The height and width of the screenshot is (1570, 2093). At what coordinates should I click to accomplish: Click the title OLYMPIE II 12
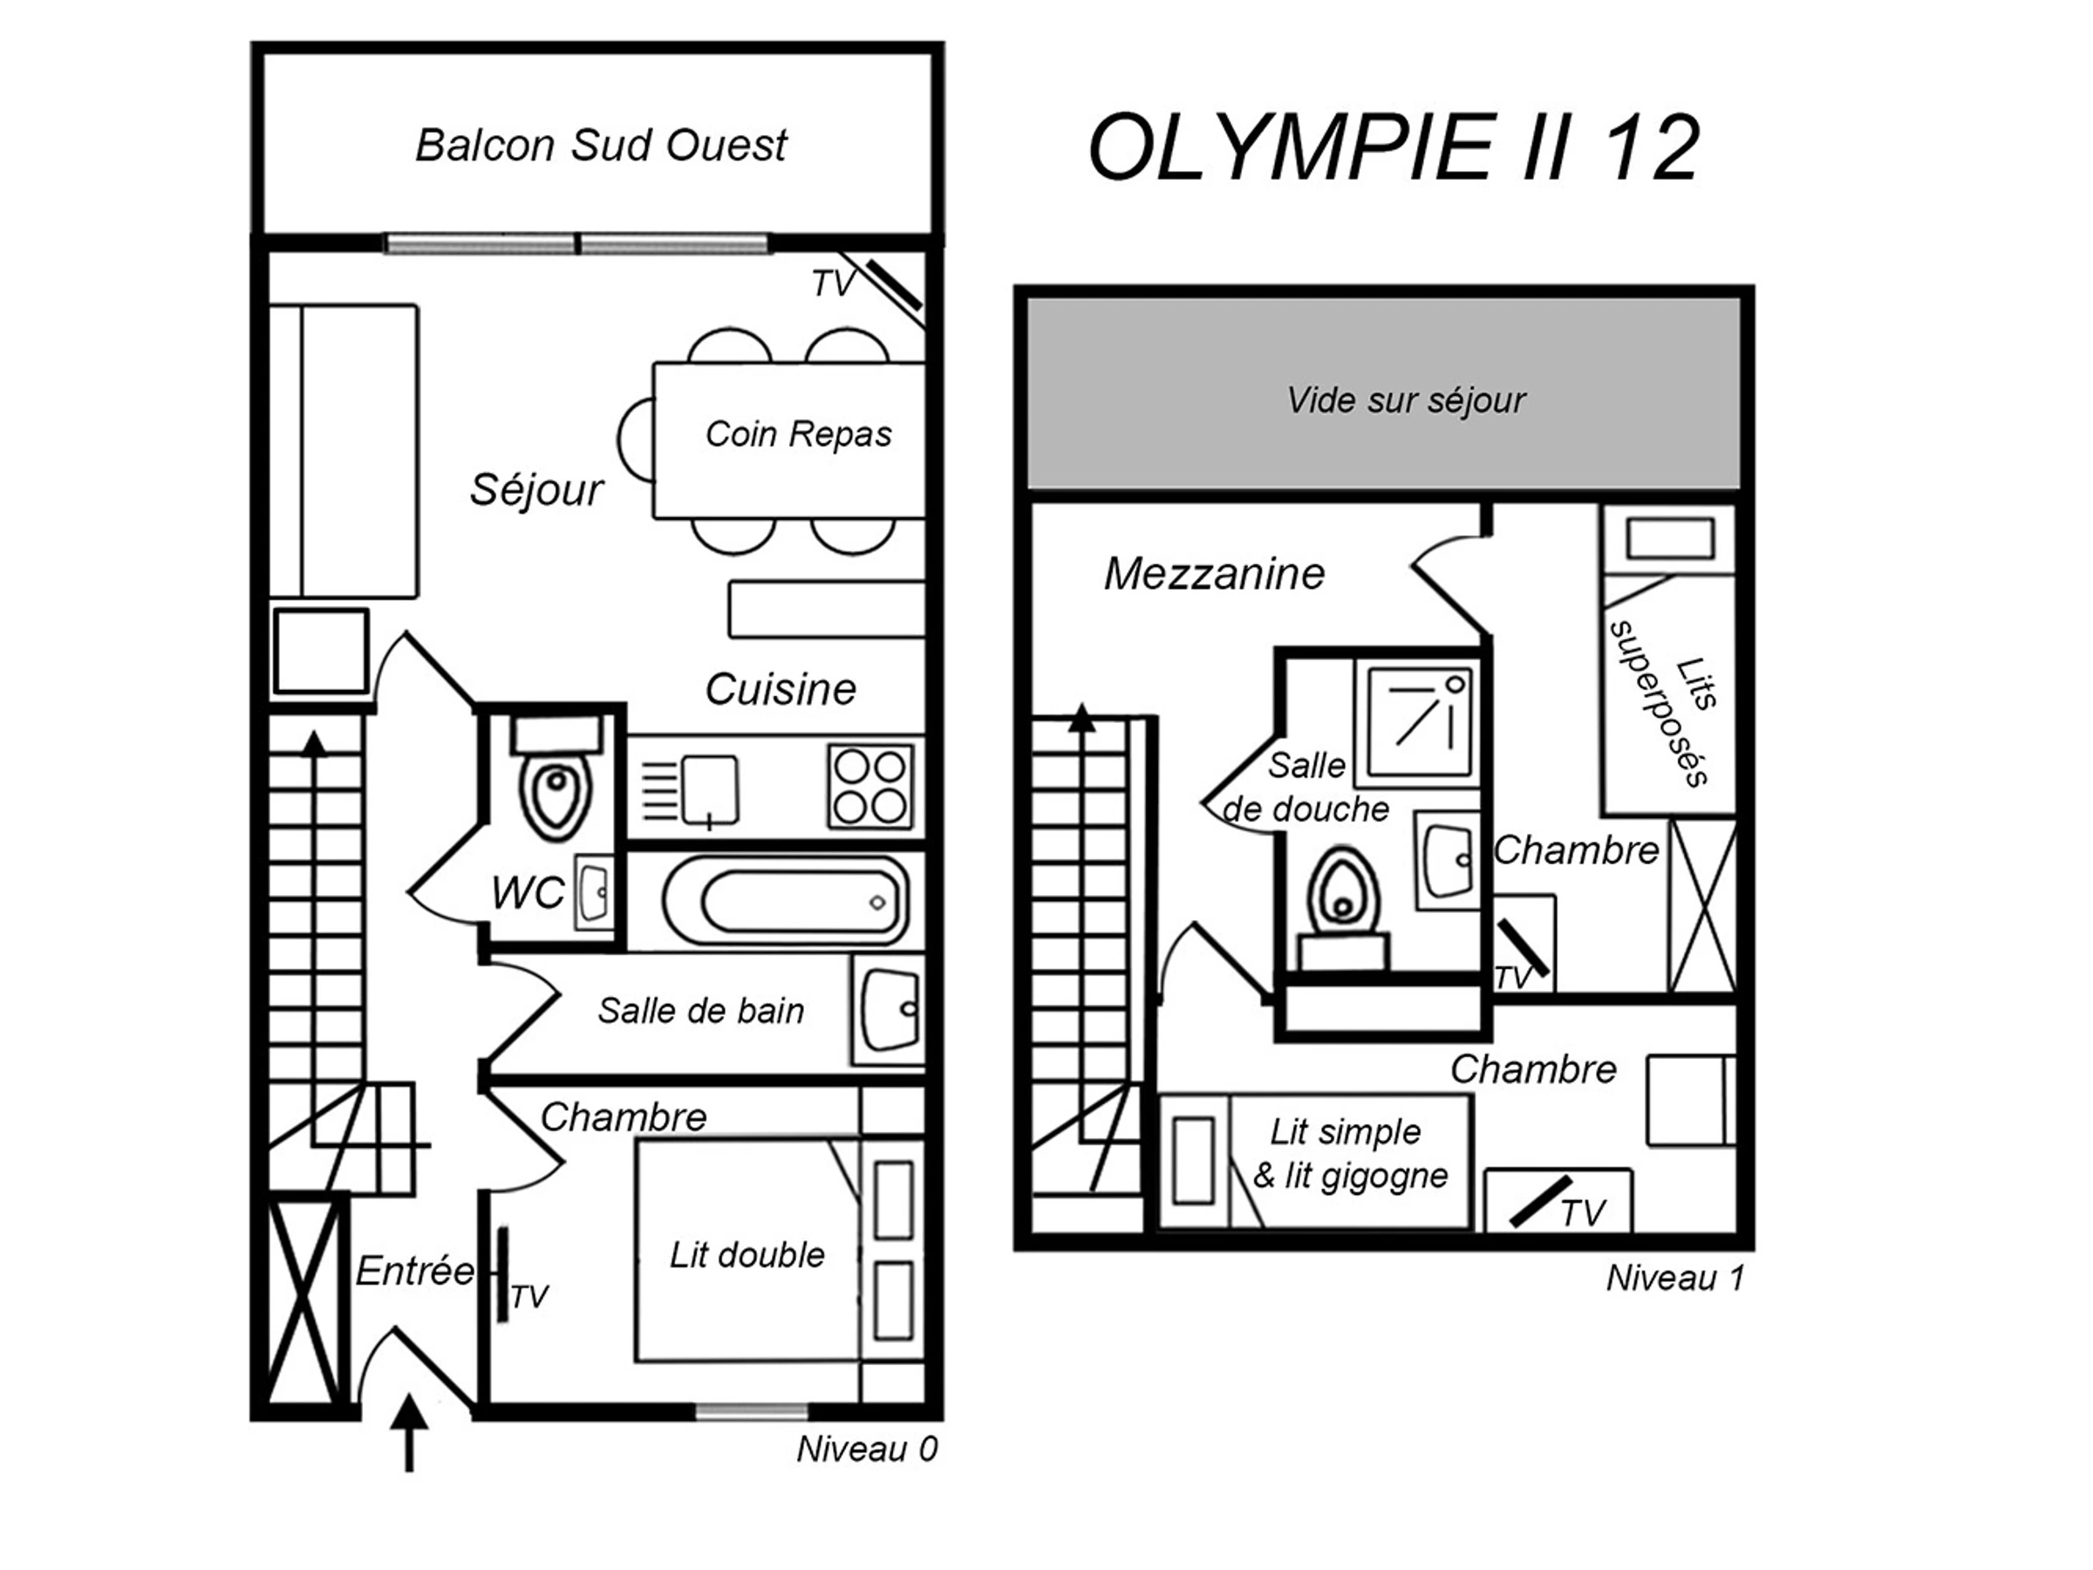[x=1394, y=147]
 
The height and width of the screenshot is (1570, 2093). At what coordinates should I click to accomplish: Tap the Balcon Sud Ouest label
[x=601, y=146]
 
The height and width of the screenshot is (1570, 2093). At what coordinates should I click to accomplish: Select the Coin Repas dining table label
[x=798, y=434]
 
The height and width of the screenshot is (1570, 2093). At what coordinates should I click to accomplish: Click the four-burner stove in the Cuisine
[x=870, y=788]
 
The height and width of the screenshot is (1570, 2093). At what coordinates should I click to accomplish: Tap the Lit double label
[x=747, y=1255]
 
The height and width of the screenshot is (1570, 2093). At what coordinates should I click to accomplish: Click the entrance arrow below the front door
[x=409, y=1432]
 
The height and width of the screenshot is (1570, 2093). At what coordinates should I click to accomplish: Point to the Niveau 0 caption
[x=867, y=1449]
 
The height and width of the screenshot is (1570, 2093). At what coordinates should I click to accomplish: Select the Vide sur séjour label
[x=1405, y=400]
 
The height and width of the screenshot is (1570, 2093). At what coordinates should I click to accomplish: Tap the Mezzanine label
[x=1214, y=575]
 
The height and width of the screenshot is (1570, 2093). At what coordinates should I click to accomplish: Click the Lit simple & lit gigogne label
[x=1349, y=1154]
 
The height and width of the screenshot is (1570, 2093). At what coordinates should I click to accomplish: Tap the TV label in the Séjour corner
[x=833, y=283]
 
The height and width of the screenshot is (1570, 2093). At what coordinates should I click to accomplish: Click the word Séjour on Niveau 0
[x=536, y=490]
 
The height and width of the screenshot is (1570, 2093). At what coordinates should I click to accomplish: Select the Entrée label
[x=414, y=1271]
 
